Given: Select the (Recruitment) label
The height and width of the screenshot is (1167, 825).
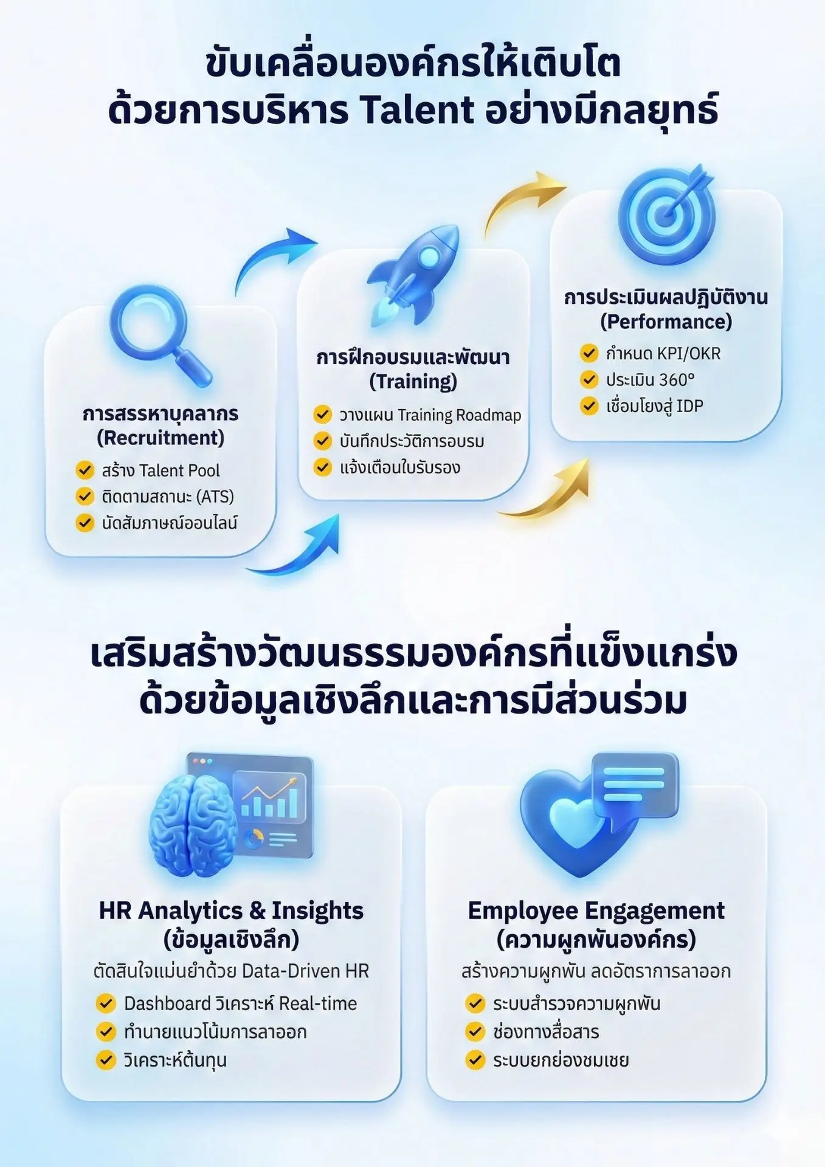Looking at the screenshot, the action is (x=161, y=438).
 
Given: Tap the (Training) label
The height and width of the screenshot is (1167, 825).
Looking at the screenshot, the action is (x=413, y=381).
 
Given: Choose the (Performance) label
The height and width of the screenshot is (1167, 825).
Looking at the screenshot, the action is (x=666, y=322).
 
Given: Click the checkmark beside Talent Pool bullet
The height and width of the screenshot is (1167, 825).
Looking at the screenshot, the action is (x=85, y=470).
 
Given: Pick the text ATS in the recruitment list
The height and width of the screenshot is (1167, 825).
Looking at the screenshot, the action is (x=216, y=497).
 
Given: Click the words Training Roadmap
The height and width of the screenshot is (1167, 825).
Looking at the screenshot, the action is (x=459, y=415).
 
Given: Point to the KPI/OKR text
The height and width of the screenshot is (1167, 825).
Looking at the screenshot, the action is (x=689, y=353).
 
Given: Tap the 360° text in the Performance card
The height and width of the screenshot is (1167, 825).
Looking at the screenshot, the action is (x=677, y=380).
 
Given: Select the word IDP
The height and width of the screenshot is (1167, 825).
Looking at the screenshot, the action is (x=689, y=406).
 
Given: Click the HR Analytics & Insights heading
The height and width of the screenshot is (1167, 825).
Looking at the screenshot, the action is (x=231, y=911).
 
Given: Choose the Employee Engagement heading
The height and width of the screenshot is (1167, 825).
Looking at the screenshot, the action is (x=596, y=911).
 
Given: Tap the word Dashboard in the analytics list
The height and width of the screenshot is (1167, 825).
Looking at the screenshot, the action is (x=159, y=1003).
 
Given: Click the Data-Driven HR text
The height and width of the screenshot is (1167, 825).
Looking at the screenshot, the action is (x=305, y=971).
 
